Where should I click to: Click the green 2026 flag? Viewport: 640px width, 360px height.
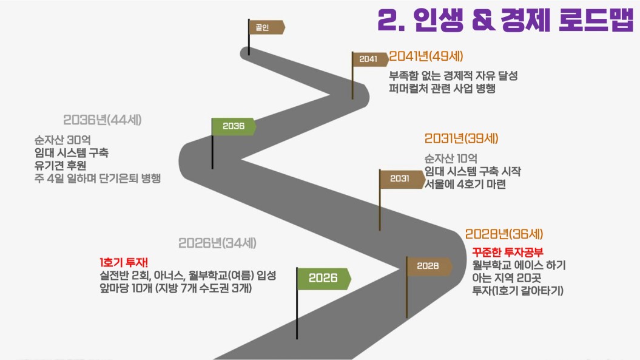click(x=323, y=279)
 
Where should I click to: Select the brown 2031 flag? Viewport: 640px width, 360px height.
click(x=401, y=178)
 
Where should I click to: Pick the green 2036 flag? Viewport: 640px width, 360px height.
click(x=234, y=126)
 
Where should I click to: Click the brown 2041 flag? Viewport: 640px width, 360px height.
click(x=369, y=59)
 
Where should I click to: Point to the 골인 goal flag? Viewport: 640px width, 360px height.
click(x=266, y=27)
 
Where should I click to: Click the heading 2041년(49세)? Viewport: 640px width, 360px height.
click(x=426, y=57)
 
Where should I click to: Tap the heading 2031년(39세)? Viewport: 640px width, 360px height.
click(x=461, y=139)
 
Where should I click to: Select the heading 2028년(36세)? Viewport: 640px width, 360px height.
click(x=504, y=234)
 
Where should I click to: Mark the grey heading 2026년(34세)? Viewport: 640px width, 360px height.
click(x=217, y=243)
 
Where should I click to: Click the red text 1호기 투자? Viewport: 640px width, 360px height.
click(x=120, y=262)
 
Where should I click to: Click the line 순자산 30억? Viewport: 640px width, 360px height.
click(x=62, y=140)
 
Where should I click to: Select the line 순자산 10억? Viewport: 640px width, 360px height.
click(x=451, y=158)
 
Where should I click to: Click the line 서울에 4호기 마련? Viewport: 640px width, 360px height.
click(x=465, y=185)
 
